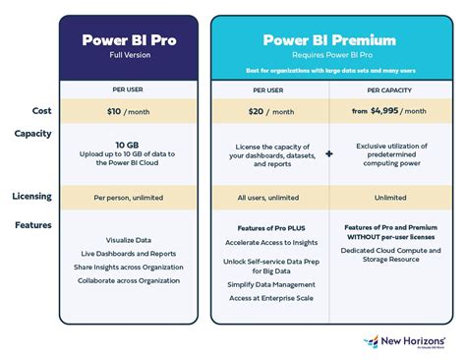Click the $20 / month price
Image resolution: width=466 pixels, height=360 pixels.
(x=268, y=112)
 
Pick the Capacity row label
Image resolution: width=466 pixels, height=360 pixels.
(x=32, y=134)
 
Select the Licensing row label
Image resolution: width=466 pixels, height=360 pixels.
(x=31, y=197)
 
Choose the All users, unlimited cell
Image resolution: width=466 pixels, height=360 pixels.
(x=268, y=197)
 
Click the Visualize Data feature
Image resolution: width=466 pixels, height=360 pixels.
(x=129, y=239)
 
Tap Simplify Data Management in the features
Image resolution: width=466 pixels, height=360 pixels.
(x=268, y=284)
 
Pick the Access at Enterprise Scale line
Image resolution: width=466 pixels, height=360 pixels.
(x=268, y=299)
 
